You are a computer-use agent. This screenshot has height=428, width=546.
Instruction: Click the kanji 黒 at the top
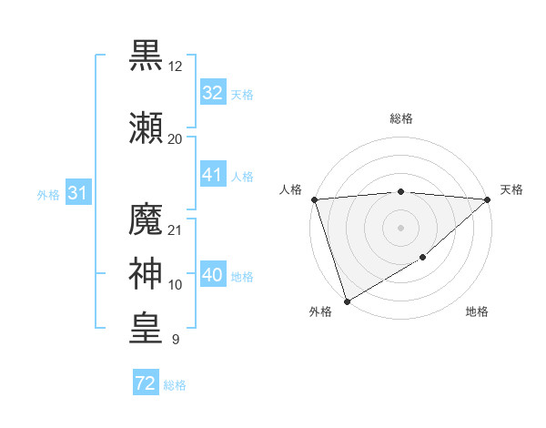point(147,56)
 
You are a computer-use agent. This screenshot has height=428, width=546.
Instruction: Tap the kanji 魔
point(147,220)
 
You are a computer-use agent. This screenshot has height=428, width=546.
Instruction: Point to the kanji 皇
point(147,329)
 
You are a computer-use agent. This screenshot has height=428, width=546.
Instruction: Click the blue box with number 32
point(213,93)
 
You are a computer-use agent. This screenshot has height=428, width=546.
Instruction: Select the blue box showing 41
point(213,175)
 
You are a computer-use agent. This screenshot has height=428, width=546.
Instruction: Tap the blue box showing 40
point(213,275)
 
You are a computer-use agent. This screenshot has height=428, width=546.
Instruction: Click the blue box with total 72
point(145,383)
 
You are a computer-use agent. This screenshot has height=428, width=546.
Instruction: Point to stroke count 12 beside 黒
point(175,67)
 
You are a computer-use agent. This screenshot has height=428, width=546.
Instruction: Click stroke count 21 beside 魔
point(175,229)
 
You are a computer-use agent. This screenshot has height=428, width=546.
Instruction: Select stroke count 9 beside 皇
point(175,340)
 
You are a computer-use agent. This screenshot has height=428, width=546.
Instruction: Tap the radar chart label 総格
point(401,118)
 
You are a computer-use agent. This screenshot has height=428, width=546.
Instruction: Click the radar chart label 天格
point(512,189)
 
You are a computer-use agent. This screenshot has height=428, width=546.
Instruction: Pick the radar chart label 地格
point(477,312)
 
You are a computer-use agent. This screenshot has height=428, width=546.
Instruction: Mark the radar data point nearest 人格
point(314,199)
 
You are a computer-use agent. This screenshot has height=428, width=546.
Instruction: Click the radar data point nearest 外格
point(347,301)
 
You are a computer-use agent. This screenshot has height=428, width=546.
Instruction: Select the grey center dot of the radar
point(400,228)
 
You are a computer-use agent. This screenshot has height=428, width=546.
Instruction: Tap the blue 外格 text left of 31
point(47,195)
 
